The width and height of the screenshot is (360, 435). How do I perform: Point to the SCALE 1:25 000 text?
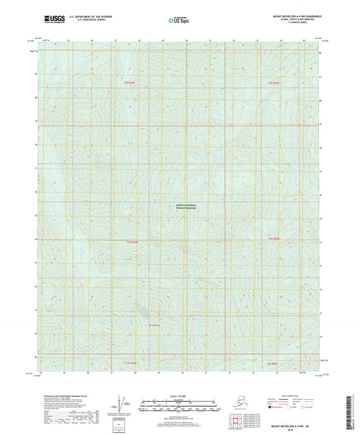coord(179,395)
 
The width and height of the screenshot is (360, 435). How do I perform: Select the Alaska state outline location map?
coord(238,403)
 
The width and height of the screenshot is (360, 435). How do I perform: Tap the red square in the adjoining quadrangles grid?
coord(232,422)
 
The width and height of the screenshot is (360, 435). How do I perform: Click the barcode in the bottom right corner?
coord(354,413)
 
